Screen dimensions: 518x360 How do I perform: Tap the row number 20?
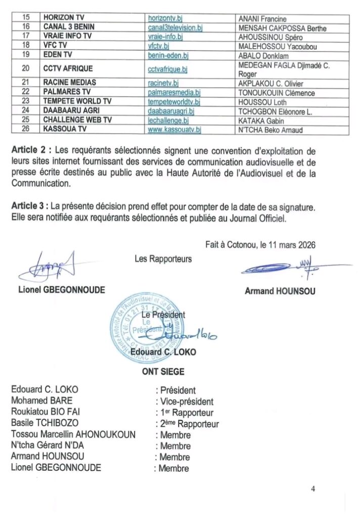[26, 68]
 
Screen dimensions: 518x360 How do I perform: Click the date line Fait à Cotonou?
[260, 244]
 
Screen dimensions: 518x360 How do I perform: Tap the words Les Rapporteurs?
[163, 259]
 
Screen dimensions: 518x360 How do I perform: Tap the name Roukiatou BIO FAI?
[45, 413]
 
